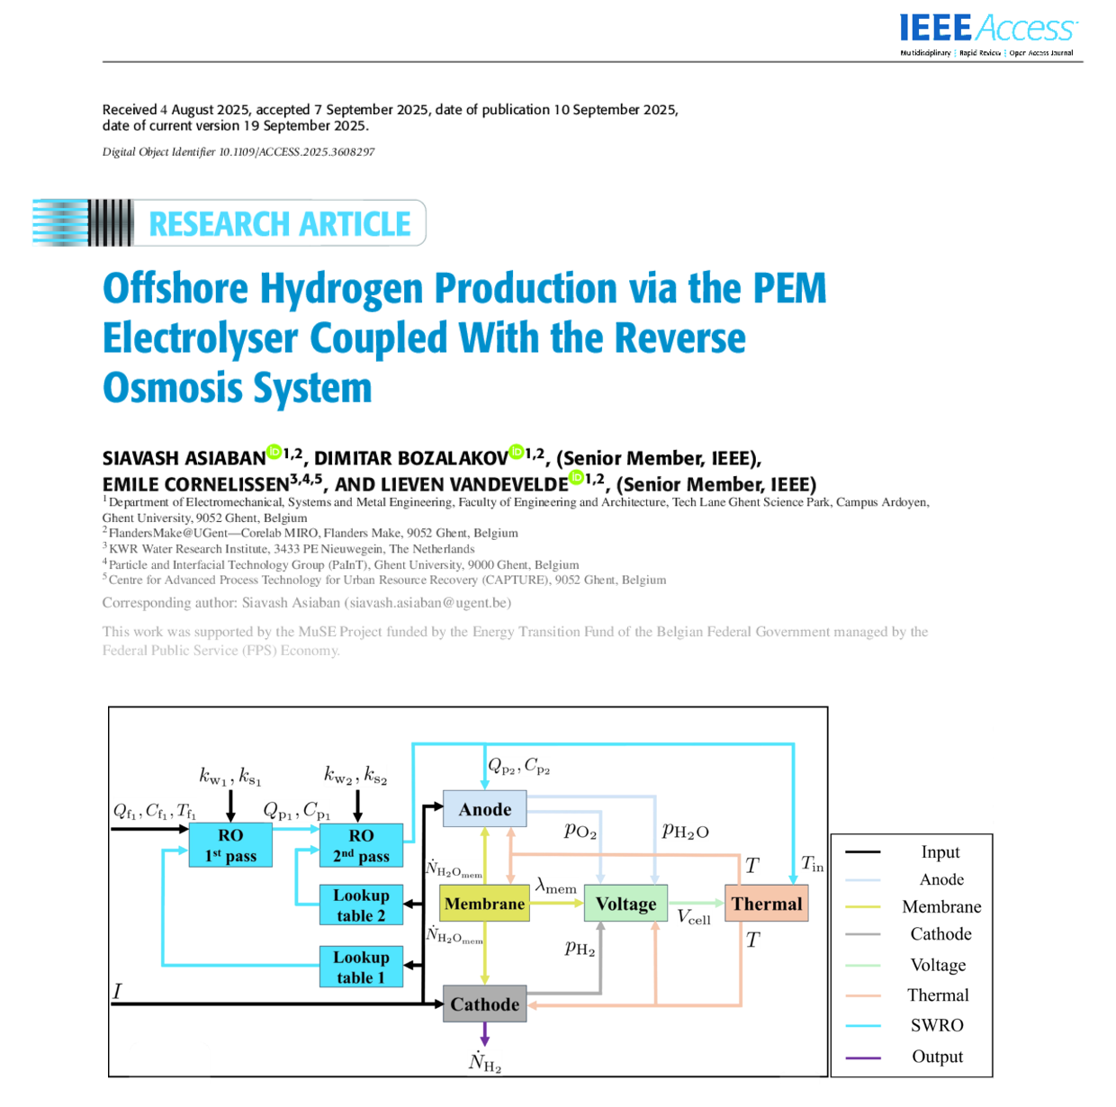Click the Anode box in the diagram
(484, 809)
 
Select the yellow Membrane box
(484, 904)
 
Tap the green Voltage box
(625, 904)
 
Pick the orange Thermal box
(766, 904)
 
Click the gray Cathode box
(484, 1004)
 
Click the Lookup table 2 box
(361, 905)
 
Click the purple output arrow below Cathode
(485, 1034)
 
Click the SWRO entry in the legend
(937, 1025)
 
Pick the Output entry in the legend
(937, 1057)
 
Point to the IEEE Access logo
(986, 31)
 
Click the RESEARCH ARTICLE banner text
(279, 223)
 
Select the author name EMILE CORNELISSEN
(195, 485)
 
